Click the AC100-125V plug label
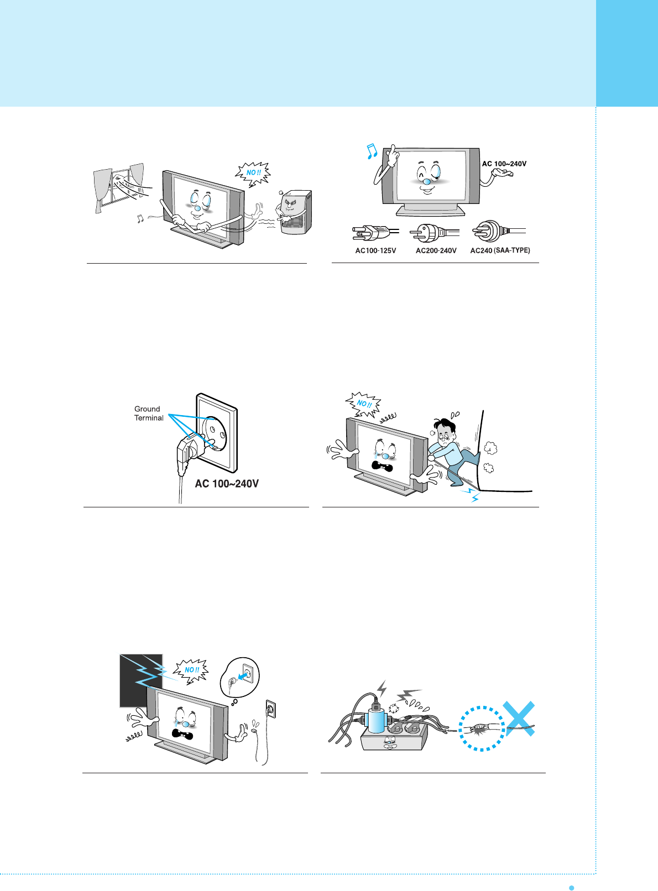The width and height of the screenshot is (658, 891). tap(375, 250)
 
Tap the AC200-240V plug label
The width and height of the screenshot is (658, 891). tap(436, 250)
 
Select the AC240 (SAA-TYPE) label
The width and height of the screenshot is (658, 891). tap(500, 250)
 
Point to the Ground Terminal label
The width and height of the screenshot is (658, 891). tap(148, 413)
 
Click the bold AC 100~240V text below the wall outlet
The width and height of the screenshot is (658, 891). tap(227, 484)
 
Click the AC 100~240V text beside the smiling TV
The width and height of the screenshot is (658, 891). tap(504, 164)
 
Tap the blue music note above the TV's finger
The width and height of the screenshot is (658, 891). tap(372, 151)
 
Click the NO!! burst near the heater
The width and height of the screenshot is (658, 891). tap(252, 173)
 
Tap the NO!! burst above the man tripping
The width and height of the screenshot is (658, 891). tap(363, 404)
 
